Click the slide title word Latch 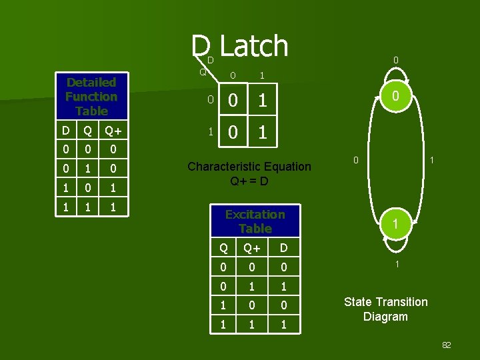pos(254,47)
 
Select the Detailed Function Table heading pos(91,97)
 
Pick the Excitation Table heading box pos(255,221)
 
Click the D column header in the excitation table pos(284,249)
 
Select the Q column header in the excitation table pos(224,249)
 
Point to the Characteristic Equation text pos(249,167)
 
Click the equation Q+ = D pos(249,181)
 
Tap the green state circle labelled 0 pos(395,97)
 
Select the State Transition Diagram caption pos(385,309)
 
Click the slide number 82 pos(446,345)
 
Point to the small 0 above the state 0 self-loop pos(395,61)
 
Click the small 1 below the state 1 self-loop pos(396,265)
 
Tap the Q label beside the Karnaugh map pos(203,71)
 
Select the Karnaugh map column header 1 pos(262,76)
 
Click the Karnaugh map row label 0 pos(209,101)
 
